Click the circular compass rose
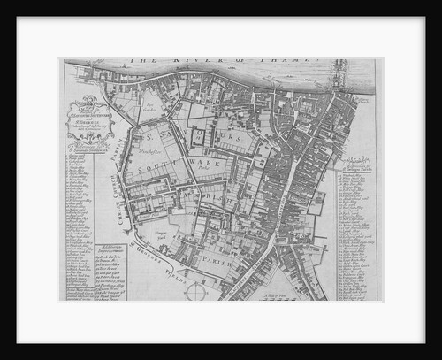[196, 290]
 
